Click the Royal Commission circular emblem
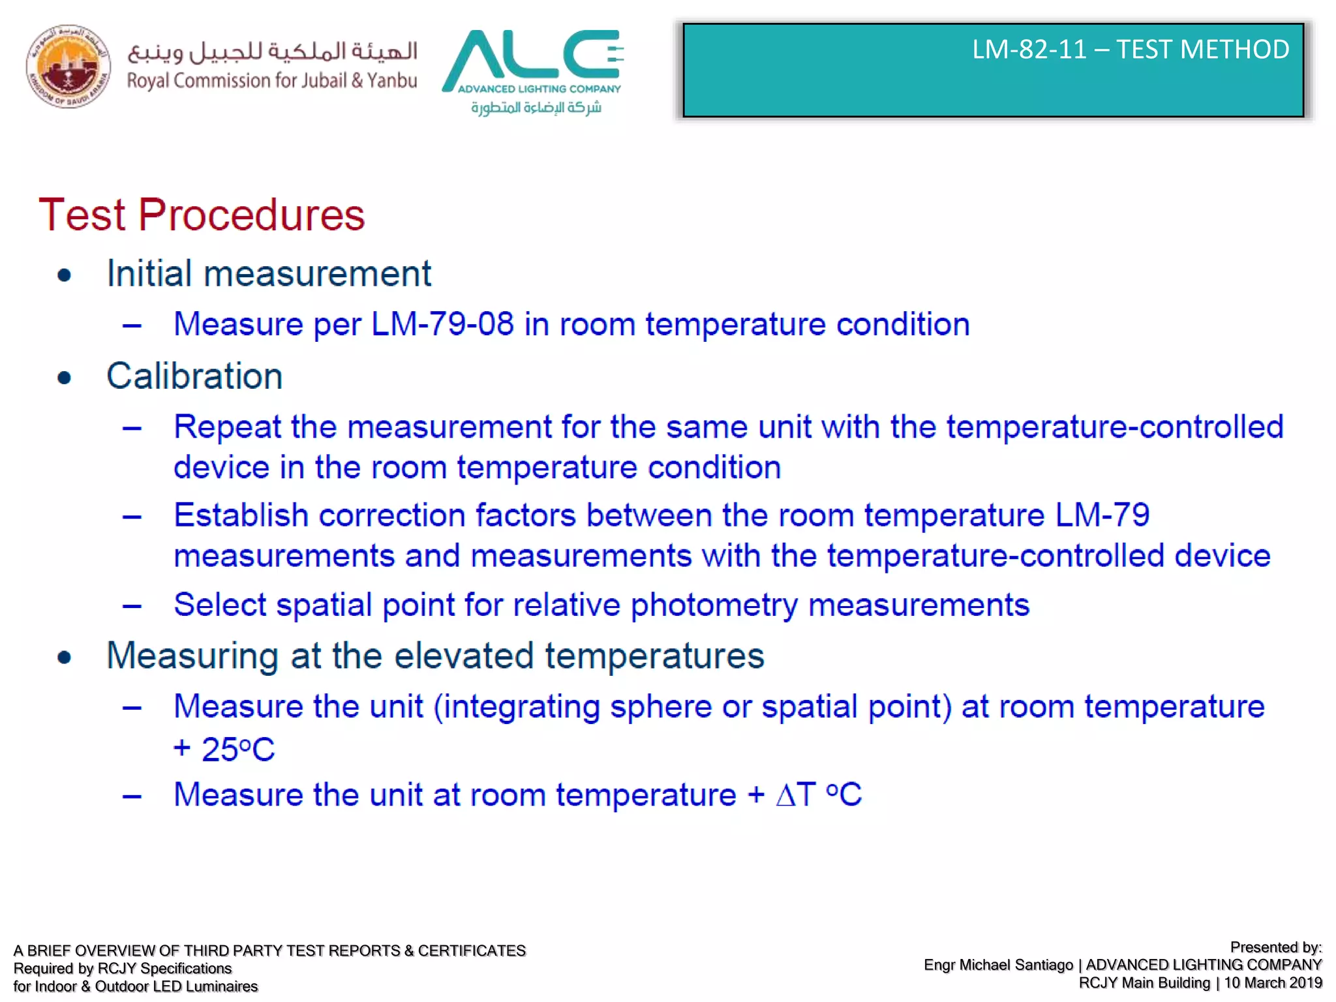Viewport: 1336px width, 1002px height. click(x=68, y=67)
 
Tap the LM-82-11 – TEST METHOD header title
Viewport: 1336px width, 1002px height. click(x=1130, y=50)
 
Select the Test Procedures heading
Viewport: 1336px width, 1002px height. click(x=202, y=215)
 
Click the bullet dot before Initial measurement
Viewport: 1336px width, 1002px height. click(x=64, y=275)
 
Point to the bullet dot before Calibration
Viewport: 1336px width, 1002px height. click(x=64, y=378)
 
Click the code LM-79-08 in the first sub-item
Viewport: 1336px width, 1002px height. click(x=442, y=324)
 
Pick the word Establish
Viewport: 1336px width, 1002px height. click(x=241, y=515)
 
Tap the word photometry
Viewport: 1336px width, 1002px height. click(x=714, y=605)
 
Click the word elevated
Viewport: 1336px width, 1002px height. click(x=464, y=656)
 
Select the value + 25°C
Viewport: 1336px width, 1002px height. click(x=224, y=749)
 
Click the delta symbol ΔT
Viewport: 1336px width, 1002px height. click(x=796, y=795)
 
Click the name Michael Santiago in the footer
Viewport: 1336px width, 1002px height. click(x=1016, y=965)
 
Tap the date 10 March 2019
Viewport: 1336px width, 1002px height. click(x=1273, y=983)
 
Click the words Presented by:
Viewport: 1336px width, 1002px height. click(x=1275, y=947)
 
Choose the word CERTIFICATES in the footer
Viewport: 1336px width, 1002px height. click(x=472, y=950)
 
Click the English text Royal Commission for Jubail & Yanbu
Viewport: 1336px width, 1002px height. click(x=272, y=81)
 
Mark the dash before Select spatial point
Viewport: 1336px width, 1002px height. click(x=132, y=606)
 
